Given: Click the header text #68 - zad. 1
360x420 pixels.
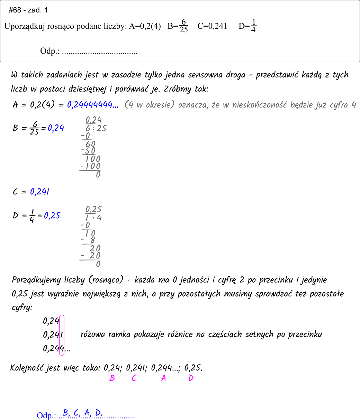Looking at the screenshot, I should tap(28, 10).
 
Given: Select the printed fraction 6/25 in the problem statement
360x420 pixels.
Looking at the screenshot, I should tap(184, 26).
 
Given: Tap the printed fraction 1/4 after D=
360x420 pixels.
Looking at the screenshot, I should tap(253, 26).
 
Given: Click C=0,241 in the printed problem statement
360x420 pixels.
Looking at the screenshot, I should tap(212, 26).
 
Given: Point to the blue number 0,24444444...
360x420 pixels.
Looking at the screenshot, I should tap(93, 105).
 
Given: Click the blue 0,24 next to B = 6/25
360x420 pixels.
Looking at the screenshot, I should tap(56, 128).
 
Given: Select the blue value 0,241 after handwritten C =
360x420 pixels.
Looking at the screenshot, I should tap(39, 192).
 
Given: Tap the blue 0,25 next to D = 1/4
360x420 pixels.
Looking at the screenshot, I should tap(52, 216).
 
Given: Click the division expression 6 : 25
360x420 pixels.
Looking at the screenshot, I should tap(96, 129).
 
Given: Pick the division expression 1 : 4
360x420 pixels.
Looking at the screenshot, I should tap(93, 218).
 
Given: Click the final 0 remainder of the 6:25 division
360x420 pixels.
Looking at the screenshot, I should tap(98, 175).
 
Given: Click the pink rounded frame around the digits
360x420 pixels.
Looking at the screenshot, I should tap(62, 335).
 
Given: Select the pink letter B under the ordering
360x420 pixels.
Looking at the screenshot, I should tap(112, 378).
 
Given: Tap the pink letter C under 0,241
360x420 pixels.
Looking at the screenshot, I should tap(134, 378).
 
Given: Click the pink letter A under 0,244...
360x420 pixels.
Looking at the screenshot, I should tap(164, 378).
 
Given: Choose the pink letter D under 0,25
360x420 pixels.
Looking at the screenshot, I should tap(191, 378).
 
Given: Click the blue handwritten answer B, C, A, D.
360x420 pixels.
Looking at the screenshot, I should tap(82, 413).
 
